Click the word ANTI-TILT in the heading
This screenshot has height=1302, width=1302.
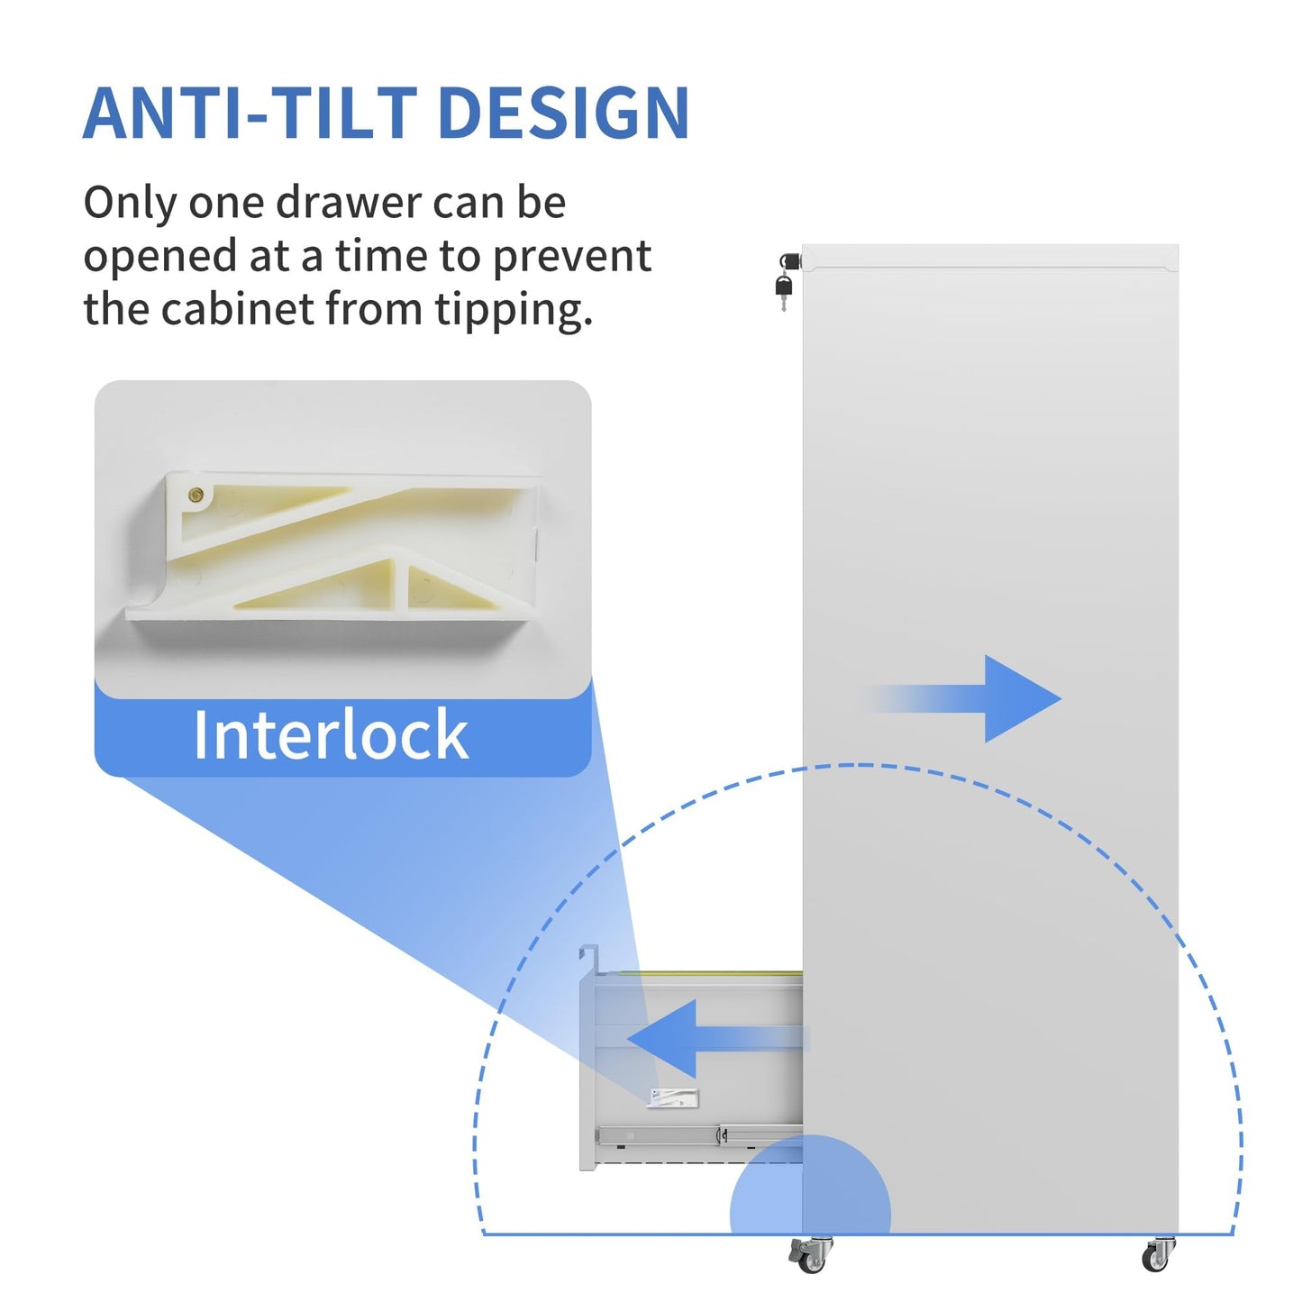[x=250, y=113]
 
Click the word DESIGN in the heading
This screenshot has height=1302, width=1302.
[x=564, y=113]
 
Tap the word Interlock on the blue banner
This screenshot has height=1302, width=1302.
[x=331, y=734]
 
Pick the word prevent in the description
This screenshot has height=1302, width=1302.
[x=571, y=257]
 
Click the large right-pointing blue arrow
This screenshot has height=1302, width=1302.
[x=963, y=698]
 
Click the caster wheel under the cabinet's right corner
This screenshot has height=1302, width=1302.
[x=1158, y=1256]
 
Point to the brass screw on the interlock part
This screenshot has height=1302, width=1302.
[x=196, y=496]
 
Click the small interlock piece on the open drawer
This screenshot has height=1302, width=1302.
[x=673, y=1098]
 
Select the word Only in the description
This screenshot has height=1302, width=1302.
[x=129, y=203]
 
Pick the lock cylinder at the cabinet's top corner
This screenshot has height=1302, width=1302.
[x=790, y=261]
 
